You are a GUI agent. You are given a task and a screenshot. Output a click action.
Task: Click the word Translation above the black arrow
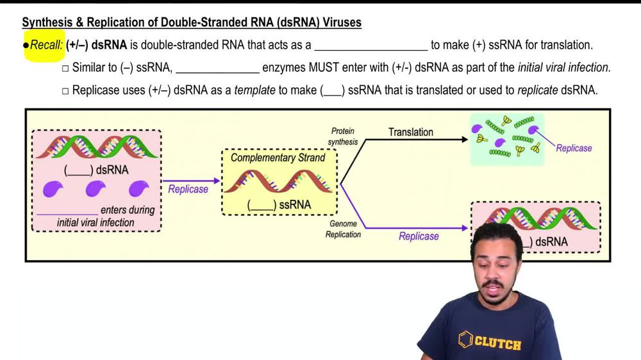click(410, 132)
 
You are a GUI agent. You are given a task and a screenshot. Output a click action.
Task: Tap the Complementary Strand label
click(278, 158)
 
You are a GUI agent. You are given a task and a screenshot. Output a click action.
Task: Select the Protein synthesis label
click(343, 136)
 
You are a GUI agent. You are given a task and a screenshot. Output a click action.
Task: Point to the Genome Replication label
click(343, 229)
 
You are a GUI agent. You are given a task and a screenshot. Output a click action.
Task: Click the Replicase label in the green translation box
click(574, 148)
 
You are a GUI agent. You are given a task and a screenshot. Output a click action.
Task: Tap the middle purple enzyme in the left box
click(96, 188)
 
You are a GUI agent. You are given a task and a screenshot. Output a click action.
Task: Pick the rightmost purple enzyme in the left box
click(138, 188)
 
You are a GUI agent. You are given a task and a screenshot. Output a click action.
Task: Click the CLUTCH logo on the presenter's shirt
click(490, 341)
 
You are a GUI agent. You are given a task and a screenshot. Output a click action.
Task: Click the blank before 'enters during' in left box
click(67, 211)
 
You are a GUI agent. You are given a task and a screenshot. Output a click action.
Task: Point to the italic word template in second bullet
click(254, 90)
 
